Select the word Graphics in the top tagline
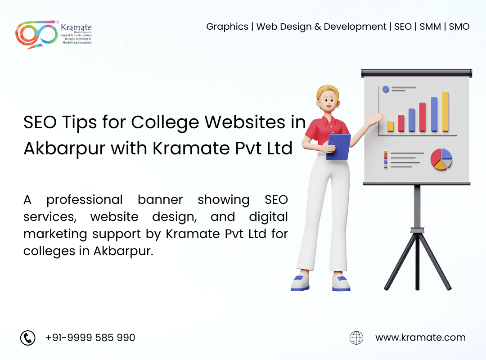227,27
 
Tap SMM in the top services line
430,27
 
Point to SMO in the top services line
459,27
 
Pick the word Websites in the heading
245,122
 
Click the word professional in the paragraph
85,200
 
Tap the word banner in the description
160,200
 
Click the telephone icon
28,337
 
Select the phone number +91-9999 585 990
90,337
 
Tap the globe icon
356,337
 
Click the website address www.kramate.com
421,337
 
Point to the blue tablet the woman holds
338,147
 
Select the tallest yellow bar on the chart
445,112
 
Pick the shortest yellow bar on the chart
391,126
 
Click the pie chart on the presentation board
441,159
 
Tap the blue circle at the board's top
386,89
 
